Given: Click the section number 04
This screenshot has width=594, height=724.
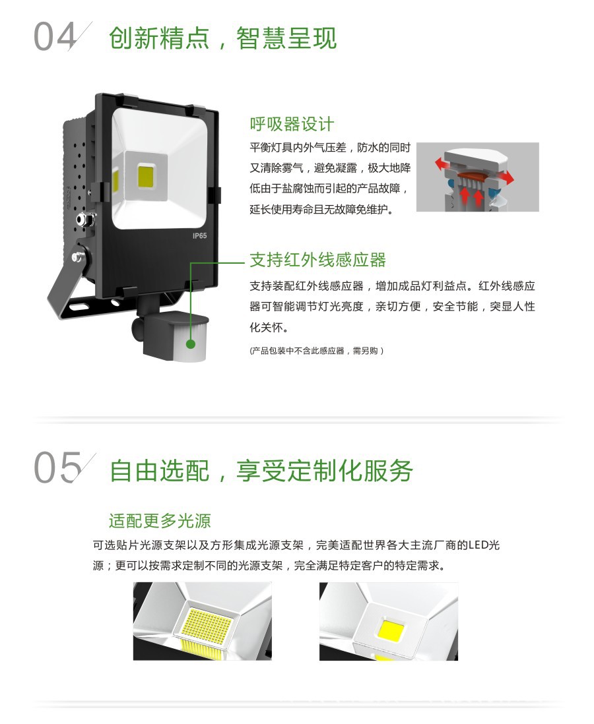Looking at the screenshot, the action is click(55, 37).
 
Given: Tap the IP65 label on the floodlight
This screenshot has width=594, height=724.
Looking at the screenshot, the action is click(200, 236).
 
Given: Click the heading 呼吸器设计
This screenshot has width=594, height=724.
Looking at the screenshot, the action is click(292, 124).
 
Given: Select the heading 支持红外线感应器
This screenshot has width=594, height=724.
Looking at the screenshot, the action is click(317, 260).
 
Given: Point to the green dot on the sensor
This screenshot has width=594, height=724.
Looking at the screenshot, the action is click(191, 344).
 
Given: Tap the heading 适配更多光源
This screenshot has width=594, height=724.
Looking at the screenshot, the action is click(160, 520).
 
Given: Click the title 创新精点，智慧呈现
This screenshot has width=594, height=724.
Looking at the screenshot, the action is click(223, 38).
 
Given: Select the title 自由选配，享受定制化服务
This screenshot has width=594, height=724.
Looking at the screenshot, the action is click(261, 471).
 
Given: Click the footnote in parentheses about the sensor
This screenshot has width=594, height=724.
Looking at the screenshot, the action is click(317, 351).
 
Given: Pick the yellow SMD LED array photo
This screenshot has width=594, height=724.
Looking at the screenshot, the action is click(203, 621).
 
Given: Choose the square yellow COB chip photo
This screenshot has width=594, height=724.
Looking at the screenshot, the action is click(389, 621).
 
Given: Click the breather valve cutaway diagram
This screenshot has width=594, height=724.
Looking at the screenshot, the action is click(478, 177).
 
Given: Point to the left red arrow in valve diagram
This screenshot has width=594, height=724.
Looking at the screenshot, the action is click(444, 164).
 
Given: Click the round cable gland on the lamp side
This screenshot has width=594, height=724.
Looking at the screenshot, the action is click(84, 218).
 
